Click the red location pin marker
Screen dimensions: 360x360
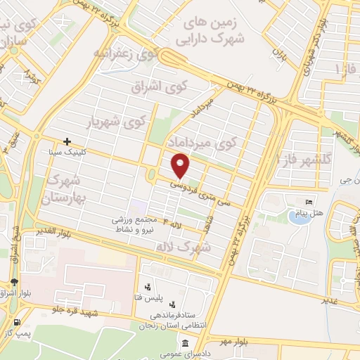[181, 167]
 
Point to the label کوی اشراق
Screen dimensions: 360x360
[160, 86]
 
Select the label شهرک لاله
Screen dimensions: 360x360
[195, 247]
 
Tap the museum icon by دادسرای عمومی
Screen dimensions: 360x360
[185, 344]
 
